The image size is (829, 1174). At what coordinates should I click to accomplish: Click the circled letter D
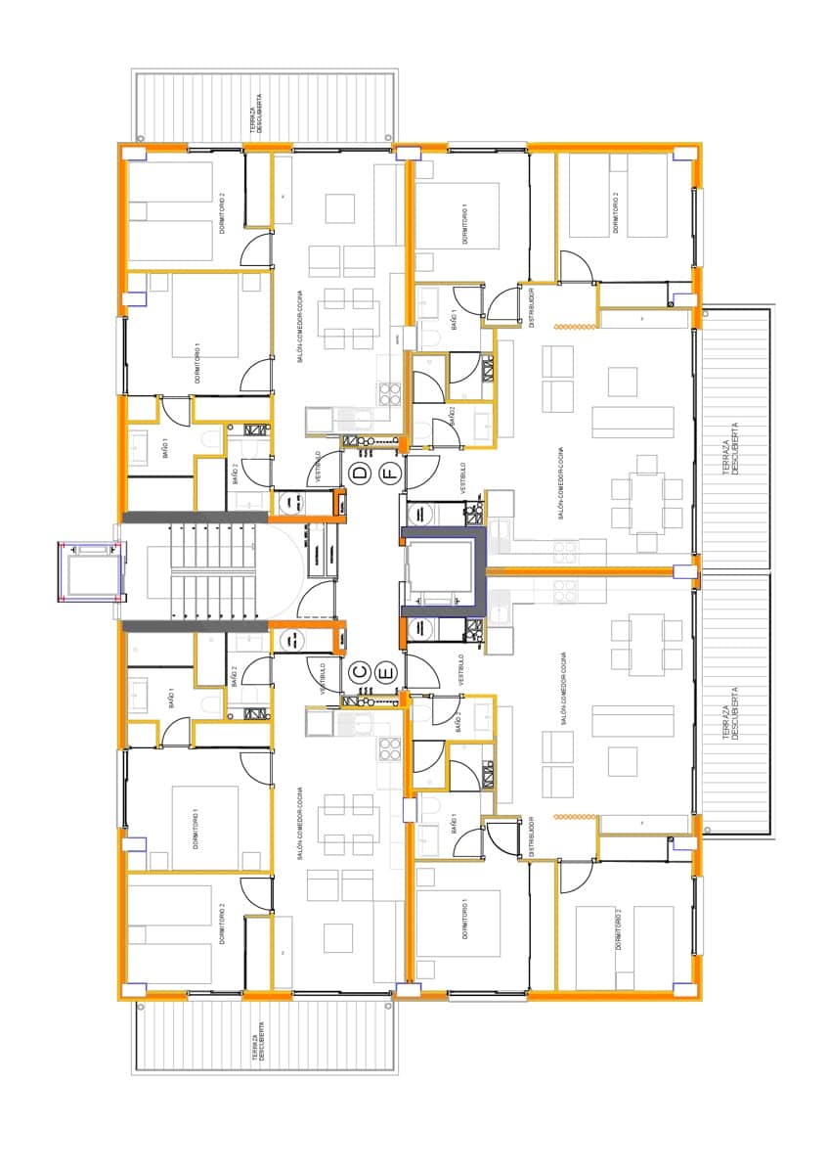click(x=360, y=474)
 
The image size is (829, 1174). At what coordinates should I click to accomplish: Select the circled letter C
click(x=360, y=672)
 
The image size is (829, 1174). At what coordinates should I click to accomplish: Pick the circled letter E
click(x=386, y=672)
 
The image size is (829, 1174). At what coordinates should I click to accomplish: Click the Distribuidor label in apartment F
click(x=531, y=305)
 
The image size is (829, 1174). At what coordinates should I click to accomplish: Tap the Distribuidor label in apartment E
click(x=531, y=837)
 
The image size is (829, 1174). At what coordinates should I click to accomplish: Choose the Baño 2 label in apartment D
click(x=236, y=474)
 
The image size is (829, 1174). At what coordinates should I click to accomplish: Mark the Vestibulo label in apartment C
click(x=323, y=678)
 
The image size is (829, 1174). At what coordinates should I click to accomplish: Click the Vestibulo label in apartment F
click(x=462, y=478)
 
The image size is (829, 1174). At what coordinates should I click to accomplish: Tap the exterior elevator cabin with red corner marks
click(x=90, y=573)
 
